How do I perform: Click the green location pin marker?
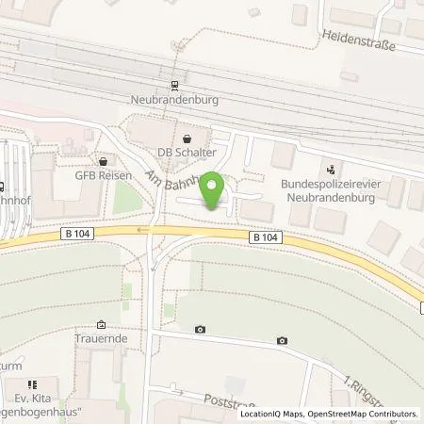coord(214,191)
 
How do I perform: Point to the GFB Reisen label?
coord(101,174)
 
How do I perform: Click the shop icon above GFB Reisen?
coord(101,160)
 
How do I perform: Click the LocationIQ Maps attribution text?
coord(275,414)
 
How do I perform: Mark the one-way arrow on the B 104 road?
coord(141,228)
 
